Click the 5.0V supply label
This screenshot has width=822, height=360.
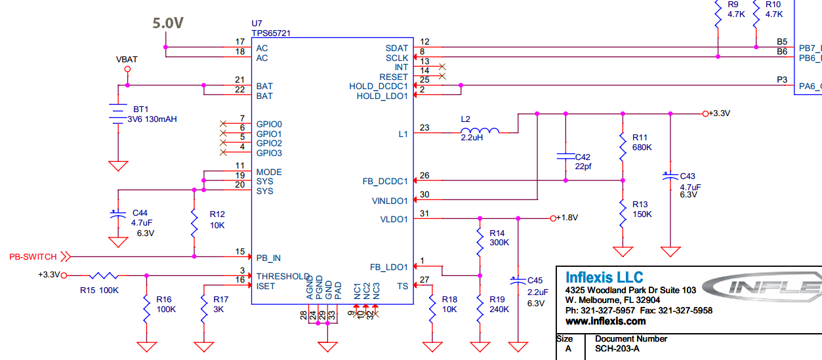168,24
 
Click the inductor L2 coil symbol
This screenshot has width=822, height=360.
480,131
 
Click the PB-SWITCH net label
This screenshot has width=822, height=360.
33,256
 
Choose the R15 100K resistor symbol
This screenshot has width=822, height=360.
103,276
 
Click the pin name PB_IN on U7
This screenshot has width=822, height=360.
268,258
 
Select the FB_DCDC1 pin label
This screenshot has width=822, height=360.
385,181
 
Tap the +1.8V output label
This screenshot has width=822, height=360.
567,218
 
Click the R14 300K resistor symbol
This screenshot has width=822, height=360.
480,239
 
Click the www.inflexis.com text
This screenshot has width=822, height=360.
606,321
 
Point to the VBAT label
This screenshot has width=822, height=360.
127,59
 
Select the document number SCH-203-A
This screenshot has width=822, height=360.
617,349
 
